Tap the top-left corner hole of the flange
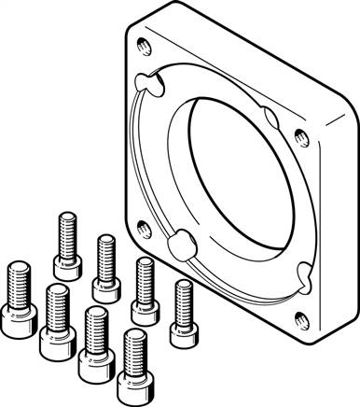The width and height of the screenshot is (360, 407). tap(141, 41)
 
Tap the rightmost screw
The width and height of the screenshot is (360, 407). tap(184, 312)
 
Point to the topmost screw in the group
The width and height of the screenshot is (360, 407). tap(66, 238)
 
